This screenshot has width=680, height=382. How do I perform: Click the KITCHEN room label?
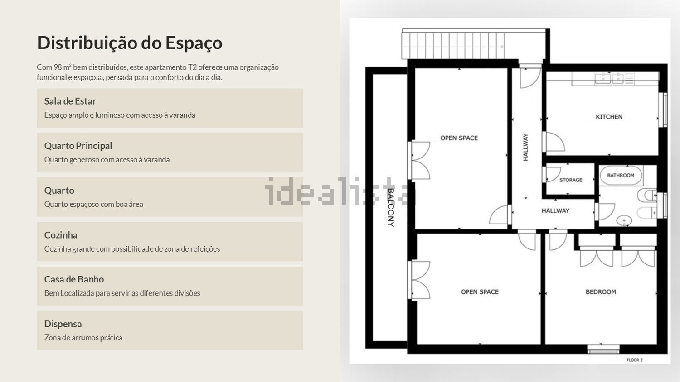609,117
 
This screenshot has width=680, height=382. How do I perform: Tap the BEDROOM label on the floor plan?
601,292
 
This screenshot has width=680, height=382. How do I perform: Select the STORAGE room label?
571,180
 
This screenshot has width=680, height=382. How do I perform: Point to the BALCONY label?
391,208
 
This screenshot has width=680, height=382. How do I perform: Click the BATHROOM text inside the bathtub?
621,175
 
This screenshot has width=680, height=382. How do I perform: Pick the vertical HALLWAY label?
525,147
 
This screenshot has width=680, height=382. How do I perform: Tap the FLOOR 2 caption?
635,360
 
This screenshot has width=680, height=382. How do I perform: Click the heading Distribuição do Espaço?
130,43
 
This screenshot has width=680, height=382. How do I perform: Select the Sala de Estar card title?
70,101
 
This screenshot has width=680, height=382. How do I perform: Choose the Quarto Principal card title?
78,146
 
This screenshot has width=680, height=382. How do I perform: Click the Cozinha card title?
61,235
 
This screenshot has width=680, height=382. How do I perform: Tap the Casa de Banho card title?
74,279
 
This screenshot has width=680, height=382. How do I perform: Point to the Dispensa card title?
63,324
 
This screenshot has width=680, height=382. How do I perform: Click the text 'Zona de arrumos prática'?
83,338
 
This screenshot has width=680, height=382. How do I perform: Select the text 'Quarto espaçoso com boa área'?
93,204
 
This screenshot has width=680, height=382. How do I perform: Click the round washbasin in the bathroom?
624,220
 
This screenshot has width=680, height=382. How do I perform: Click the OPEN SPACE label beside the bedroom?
480,292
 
